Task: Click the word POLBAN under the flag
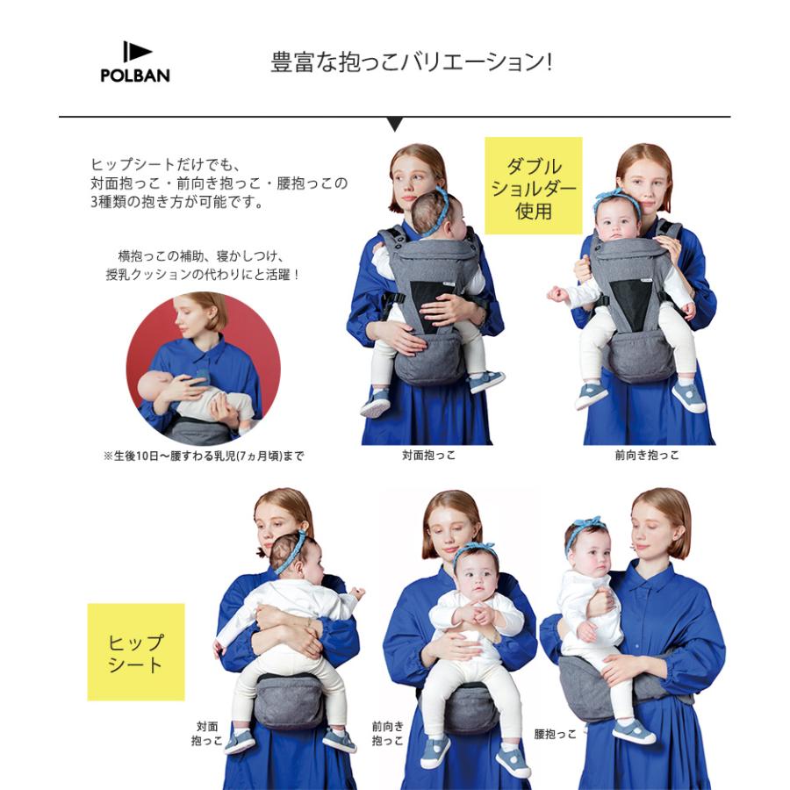point(135,75)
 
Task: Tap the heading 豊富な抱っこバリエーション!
point(411,64)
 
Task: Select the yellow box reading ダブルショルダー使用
point(534,186)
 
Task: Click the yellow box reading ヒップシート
point(135,652)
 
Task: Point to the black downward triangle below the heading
point(395,124)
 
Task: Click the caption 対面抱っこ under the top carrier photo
point(429,456)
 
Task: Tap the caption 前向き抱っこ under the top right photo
point(647,456)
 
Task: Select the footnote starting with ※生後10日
point(204,456)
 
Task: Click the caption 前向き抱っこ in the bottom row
point(387,734)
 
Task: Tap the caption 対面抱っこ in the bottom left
point(207,734)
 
